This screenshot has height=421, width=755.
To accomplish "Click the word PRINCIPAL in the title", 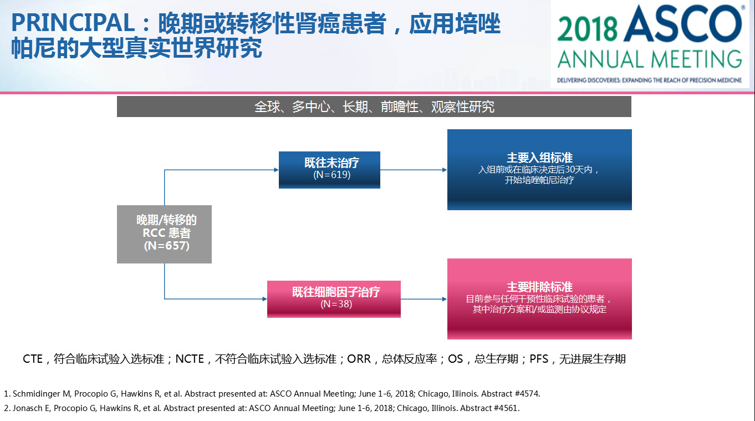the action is (x=73, y=23).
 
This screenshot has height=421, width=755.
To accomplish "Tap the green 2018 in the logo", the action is (x=587, y=29).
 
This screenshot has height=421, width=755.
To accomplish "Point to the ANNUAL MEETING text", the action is (x=650, y=59).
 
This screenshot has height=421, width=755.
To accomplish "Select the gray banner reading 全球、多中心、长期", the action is (x=374, y=106).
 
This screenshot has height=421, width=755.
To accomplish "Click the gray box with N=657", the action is (x=165, y=234).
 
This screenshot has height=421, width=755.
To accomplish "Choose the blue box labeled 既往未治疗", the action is (x=329, y=170).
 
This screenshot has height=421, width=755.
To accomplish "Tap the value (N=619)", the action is (x=332, y=175).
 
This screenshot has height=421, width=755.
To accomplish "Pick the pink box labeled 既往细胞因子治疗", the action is (x=334, y=299).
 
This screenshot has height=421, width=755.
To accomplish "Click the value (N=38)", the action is (x=336, y=304).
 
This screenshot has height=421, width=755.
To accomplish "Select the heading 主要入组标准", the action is (x=539, y=158).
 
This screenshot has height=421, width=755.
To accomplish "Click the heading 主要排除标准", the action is (x=539, y=287).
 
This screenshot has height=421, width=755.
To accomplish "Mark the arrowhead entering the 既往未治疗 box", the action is (x=277, y=170).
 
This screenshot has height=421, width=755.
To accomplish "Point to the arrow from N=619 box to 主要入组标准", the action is (x=414, y=170).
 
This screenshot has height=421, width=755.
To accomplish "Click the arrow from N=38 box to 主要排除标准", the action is (x=424, y=299).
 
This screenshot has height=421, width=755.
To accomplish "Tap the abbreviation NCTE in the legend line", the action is (x=190, y=359).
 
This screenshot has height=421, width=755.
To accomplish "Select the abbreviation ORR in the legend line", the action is (x=359, y=359).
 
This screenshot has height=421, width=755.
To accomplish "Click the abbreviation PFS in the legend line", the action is (x=539, y=359).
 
